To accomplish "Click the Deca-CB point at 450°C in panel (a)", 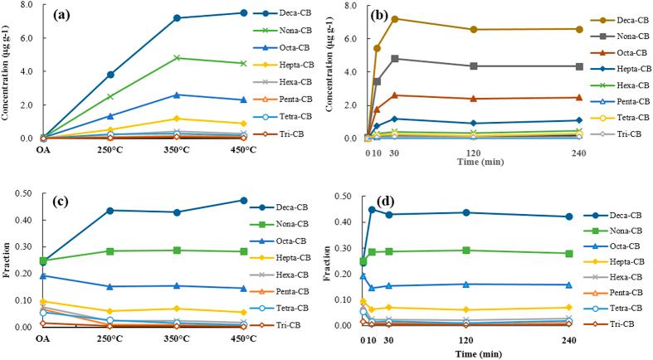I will [243, 12].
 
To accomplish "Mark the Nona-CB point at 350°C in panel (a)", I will [177, 58].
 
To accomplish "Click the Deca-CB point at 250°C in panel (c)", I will [110, 210].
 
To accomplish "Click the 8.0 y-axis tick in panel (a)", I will [26, 5].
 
